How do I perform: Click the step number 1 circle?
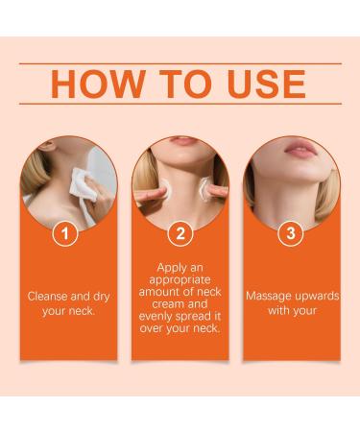click(65, 232)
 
